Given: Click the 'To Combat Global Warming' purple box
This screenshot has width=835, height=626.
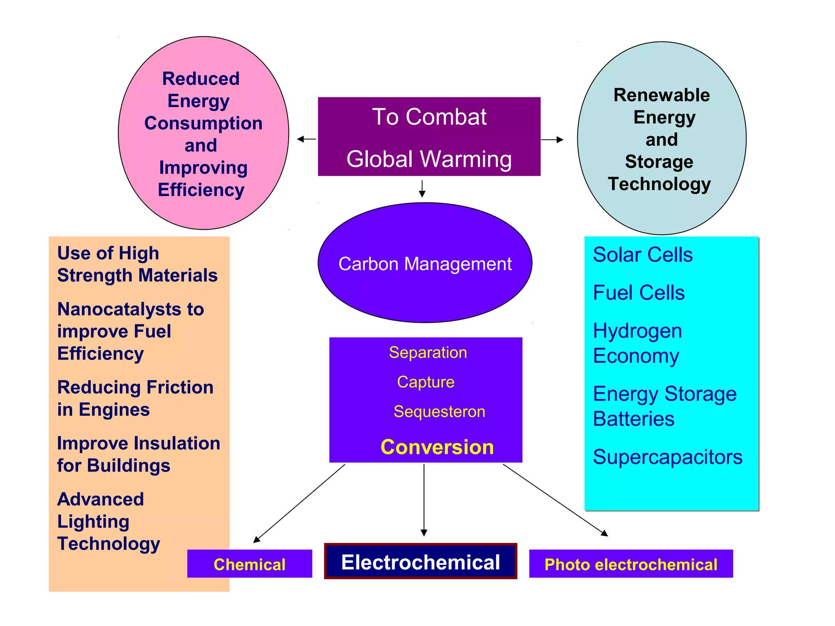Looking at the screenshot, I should tap(429, 137).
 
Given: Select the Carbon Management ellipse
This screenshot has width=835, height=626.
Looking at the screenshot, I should tap(425, 263).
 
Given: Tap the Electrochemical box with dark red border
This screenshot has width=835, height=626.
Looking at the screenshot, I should tap(420, 562).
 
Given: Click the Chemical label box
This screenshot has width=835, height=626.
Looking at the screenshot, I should tap(250, 564).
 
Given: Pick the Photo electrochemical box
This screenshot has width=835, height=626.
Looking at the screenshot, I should tap(631, 564).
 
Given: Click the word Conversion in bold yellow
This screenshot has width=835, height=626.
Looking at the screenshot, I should tap(437, 447).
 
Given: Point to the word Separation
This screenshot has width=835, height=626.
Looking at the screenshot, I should tap(428, 353).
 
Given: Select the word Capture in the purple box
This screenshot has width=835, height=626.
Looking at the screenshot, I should tap(426, 382).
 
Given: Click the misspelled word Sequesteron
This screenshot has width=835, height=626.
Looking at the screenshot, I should tap(439, 412).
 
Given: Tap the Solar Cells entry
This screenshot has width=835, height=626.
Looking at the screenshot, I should tap(643, 255).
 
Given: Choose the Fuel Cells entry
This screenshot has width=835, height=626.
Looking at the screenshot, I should tap(638, 293).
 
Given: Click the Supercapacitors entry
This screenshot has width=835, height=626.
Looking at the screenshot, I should tap(667, 457).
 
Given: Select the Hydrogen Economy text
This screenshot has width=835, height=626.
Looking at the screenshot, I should tap(637, 343).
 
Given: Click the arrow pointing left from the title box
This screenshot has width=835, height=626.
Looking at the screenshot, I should tap(307, 139).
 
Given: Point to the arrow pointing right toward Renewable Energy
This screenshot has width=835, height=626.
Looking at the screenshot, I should tap(552, 139).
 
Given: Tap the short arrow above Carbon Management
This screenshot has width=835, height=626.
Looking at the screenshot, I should tap(422, 189).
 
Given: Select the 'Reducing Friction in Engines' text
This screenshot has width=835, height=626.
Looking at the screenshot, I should tap(135, 398).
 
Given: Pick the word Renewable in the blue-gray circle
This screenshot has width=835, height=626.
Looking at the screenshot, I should tap(662, 95).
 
